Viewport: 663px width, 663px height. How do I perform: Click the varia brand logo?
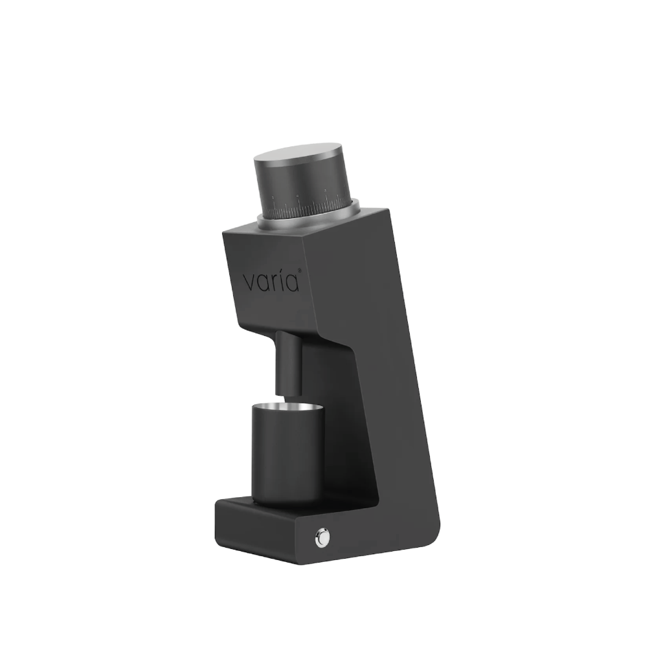pos(271,282)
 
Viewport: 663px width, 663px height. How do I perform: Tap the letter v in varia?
pos(249,284)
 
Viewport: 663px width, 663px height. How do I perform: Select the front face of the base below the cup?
pos(259,531)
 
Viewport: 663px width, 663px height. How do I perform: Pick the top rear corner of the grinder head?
pos(387,210)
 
